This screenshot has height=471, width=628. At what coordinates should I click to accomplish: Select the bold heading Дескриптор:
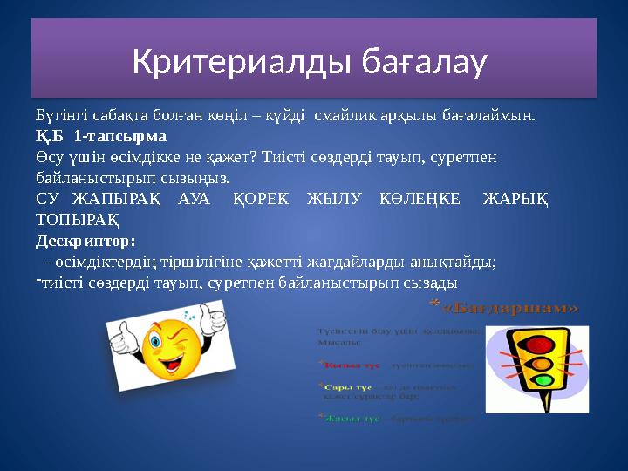(x=85, y=237)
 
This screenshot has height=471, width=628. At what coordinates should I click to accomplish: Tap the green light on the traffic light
(x=543, y=380)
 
